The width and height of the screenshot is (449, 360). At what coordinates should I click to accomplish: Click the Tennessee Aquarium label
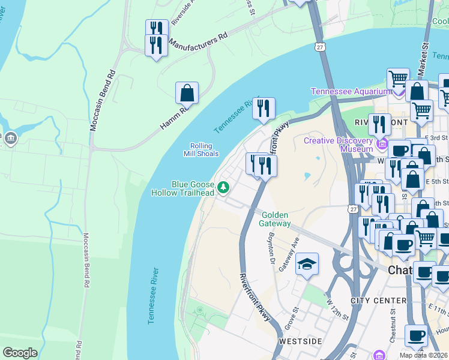(351, 91)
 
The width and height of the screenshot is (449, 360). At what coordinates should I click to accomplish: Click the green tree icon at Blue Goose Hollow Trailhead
(224, 188)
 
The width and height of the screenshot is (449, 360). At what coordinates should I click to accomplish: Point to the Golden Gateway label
(276, 219)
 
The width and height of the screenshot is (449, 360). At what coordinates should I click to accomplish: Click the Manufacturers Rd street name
(198, 40)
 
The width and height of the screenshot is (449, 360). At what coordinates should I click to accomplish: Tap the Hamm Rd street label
(174, 118)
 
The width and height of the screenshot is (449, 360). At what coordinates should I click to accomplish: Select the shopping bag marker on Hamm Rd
(187, 94)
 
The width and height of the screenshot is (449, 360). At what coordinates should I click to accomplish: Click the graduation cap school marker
(307, 265)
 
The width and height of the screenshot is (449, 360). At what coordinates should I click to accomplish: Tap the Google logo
(20, 353)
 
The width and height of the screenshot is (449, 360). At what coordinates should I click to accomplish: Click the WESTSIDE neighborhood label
(299, 341)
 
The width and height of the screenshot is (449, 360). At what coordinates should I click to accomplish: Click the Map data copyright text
(423, 355)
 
